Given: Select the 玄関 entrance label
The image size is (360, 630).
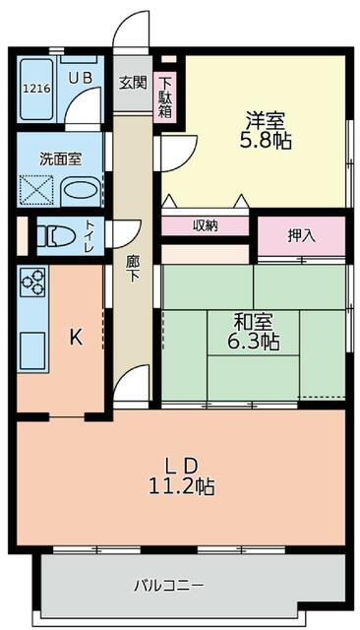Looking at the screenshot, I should coord(131,83).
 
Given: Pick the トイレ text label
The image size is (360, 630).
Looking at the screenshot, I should coord(90,236).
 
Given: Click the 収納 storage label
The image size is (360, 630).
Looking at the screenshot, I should coord(206,225).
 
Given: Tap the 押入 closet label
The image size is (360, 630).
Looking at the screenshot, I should coord(302,235).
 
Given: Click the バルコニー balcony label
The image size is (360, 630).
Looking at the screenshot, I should coord(169,586).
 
